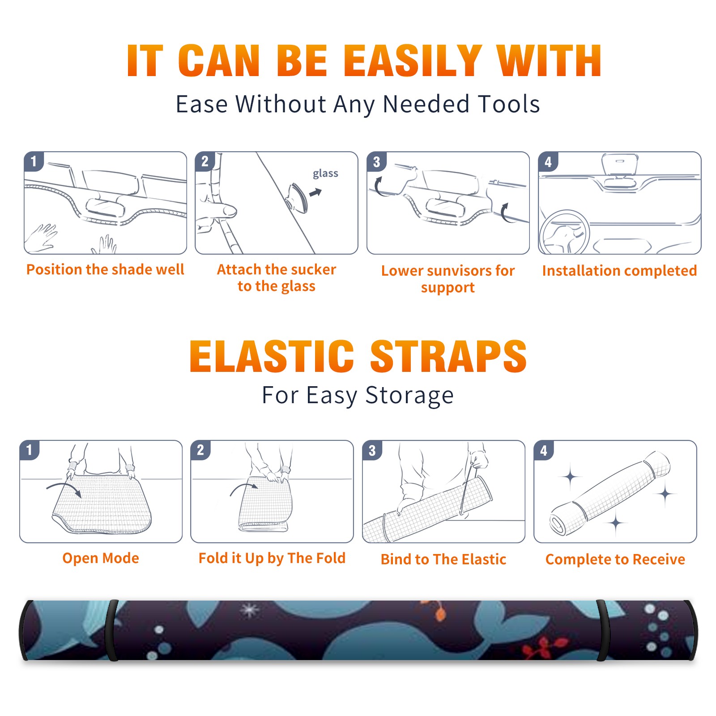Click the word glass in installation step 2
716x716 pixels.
[325, 174]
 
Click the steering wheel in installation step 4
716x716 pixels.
[564, 233]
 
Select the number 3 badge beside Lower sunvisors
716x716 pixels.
[376, 162]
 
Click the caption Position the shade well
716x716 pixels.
[105, 269]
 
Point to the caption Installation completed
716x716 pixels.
[619, 271]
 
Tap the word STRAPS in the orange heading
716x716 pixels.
[448, 356]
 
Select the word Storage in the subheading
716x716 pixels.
[409, 396]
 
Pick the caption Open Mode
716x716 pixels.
[101, 558]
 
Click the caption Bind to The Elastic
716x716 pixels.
[443, 559]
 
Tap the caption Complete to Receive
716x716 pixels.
[615, 559]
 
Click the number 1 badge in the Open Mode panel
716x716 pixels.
[30, 450]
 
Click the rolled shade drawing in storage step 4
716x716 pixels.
[610, 493]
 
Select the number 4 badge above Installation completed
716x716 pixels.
[548, 162]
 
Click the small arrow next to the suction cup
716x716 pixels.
[315, 192]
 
